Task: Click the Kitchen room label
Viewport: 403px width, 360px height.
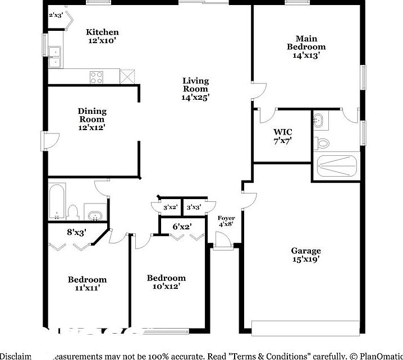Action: (102, 33)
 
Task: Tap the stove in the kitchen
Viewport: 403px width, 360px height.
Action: (97, 77)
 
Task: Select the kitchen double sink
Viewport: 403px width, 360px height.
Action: (55, 56)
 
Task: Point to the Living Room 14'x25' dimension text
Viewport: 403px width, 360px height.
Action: (195, 97)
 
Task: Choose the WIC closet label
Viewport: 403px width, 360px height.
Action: (282, 132)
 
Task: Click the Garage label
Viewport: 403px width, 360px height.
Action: (306, 251)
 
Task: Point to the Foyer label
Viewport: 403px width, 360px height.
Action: (226, 218)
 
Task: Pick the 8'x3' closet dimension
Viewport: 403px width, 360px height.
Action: (76, 231)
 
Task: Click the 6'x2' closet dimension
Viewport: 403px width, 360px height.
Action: (181, 227)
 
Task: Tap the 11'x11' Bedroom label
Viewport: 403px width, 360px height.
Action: (87, 280)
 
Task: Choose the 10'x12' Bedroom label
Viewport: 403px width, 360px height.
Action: (166, 278)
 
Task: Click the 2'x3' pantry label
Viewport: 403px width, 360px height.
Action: (56, 15)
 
